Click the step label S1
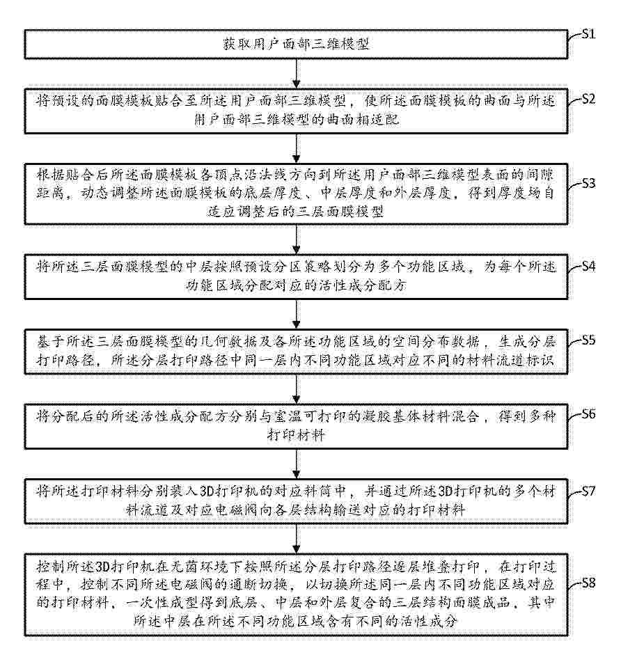(588, 34)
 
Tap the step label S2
(588, 100)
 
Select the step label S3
(588, 183)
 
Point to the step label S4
(588, 267)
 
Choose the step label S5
(588, 340)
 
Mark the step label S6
(588, 414)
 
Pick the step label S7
(588, 491)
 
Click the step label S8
(588, 583)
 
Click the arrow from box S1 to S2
(297, 74)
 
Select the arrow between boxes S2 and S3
(297, 148)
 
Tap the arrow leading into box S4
(297, 239)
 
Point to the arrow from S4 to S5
(297, 314)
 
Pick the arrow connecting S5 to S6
(297, 389)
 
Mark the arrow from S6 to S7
(297, 464)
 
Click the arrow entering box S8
(297, 539)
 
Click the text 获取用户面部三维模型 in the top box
(296, 44)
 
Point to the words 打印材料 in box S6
(296, 434)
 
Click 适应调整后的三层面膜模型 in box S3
(296, 212)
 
